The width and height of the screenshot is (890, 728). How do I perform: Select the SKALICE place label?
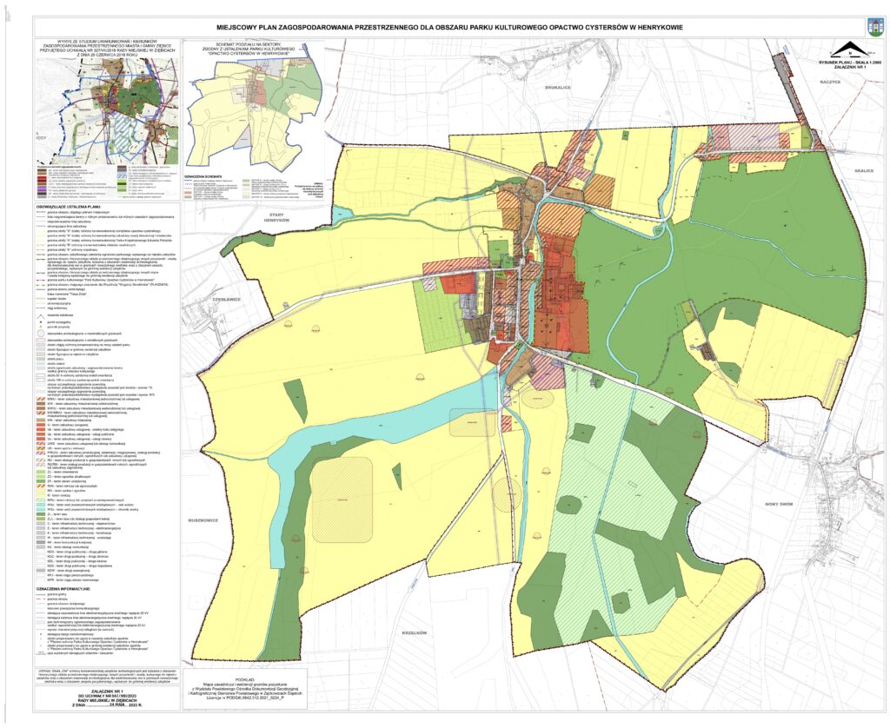pyautogui.click(x=867, y=171)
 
